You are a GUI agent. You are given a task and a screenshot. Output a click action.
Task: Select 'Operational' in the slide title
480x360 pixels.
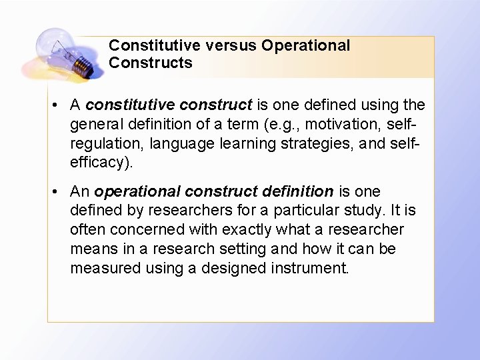(x=305, y=46)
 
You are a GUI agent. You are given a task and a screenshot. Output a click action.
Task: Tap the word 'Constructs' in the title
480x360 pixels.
(x=150, y=63)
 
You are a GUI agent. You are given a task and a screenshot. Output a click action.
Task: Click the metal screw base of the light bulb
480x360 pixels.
(x=84, y=65)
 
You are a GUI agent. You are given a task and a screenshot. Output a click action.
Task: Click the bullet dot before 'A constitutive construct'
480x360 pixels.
(x=59, y=105)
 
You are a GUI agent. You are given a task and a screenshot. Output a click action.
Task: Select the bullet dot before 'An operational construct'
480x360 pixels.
(x=59, y=192)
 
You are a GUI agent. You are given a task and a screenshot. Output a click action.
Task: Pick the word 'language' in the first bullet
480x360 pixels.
(x=177, y=143)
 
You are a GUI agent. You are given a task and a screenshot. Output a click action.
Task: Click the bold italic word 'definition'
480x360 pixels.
(x=294, y=192)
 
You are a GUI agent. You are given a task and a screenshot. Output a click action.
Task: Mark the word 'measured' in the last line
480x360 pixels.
(x=101, y=268)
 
